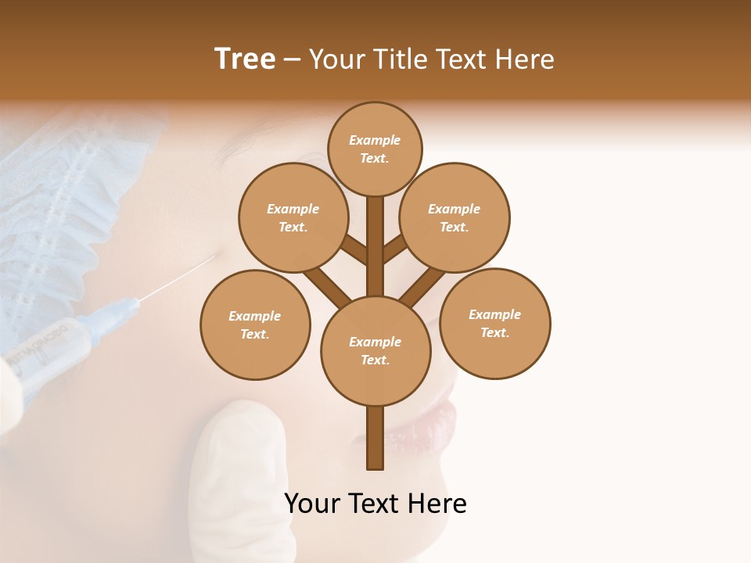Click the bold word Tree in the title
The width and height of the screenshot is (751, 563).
click(x=245, y=59)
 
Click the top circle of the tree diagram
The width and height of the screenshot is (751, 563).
click(x=375, y=149)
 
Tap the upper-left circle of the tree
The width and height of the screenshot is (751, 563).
click(x=293, y=217)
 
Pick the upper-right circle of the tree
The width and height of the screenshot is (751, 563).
click(x=455, y=217)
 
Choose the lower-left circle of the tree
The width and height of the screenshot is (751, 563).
click(x=255, y=325)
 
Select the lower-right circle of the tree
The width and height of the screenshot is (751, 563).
click(x=494, y=323)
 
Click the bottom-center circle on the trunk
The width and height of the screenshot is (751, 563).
click(x=375, y=350)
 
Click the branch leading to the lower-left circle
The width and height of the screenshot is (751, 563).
click(x=327, y=285)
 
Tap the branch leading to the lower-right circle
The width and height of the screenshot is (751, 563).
click(x=423, y=285)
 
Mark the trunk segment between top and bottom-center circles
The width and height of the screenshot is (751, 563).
click(x=375, y=246)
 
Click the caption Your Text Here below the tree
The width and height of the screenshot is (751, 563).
click(x=375, y=504)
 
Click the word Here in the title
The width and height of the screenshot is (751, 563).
click(x=526, y=59)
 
